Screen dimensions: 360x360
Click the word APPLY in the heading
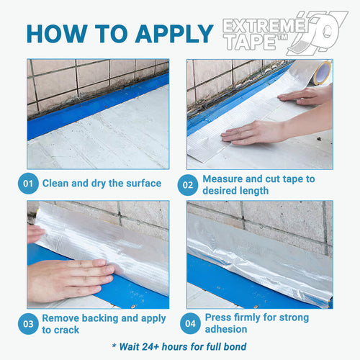(x=174, y=34)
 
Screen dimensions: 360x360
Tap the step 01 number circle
(x=28, y=184)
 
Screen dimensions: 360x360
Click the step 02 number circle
(x=188, y=185)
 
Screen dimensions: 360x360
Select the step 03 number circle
(x=28, y=324)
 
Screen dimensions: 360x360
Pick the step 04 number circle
(x=190, y=323)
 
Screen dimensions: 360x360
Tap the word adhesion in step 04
(x=226, y=329)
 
